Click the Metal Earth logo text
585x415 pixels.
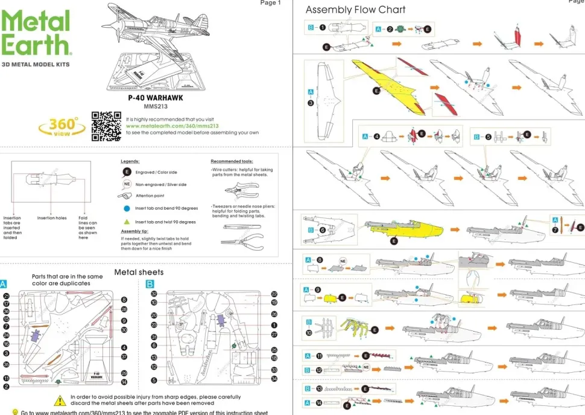[x=36, y=34]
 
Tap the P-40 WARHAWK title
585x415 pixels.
[x=155, y=97]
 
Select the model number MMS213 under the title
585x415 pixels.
[x=155, y=106]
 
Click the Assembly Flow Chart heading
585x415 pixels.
[x=355, y=10]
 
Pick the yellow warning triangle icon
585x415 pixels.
[x=60, y=400]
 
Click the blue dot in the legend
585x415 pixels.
[x=127, y=207]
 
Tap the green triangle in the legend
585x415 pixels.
[x=127, y=222]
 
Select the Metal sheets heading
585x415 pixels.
[x=139, y=272]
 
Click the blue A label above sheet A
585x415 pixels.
[x=4, y=283]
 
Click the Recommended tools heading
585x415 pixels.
[x=232, y=161]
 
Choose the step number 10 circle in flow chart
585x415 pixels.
[x=309, y=332]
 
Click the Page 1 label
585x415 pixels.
[x=270, y=3]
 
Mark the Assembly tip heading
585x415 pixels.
[x=134, y=231]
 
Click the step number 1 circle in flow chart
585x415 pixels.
[x=323, y=27]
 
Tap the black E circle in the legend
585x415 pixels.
[x=127, y=172]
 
